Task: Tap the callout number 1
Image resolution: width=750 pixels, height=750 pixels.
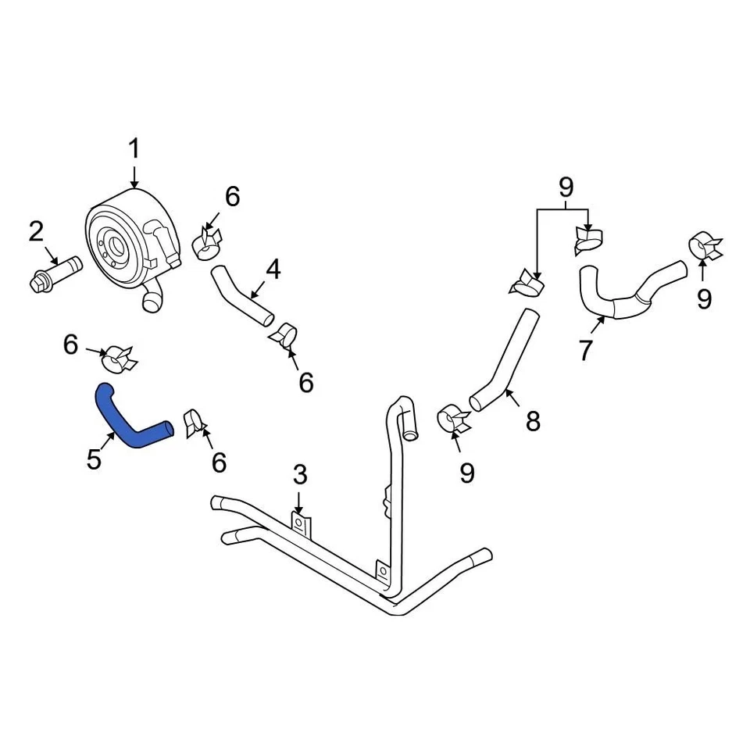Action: (134, 148)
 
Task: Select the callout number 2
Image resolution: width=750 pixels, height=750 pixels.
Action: (37, 231)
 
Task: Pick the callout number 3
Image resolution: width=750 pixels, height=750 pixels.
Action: (300, 474)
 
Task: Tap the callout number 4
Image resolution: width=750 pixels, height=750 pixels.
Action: (273, 270)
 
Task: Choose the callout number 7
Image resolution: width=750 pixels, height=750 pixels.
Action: (586, 350)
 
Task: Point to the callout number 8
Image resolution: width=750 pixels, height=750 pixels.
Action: (533, 422)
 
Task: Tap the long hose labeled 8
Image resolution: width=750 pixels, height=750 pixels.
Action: (505, 359)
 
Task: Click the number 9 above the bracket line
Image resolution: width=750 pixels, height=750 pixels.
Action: (566, 187)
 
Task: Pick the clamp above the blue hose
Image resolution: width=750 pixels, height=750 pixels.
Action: (120, 358)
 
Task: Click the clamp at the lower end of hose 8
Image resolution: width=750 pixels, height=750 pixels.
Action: (454, 419)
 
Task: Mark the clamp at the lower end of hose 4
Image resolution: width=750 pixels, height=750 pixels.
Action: (284, 335)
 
